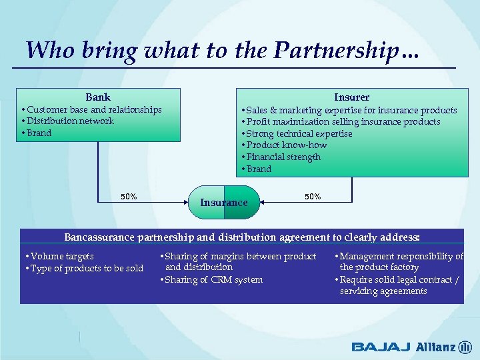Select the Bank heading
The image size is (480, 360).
point(98,97)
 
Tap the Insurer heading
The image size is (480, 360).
point(351,97)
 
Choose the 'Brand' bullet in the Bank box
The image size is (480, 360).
point(38,133)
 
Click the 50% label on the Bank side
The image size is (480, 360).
point(129,197)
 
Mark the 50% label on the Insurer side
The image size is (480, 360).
point(313,197)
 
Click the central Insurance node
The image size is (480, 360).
point(224,203)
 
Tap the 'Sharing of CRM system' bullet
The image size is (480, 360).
point(212,280)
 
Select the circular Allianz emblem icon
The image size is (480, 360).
point(465,347)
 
